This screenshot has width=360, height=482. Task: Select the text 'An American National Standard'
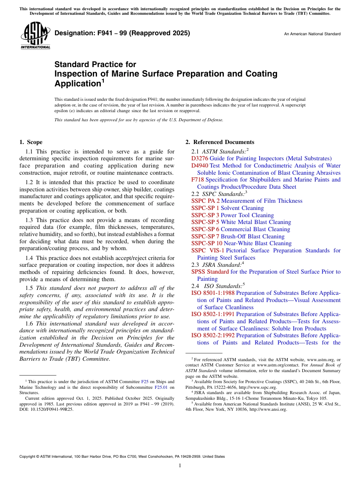pos(312,34)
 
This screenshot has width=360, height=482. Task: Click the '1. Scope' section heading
pos(31,142)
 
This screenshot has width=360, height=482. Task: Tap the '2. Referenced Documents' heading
pos(219,142)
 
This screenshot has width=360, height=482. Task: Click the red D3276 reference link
pos(199,158)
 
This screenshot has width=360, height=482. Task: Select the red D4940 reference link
pos(199,166)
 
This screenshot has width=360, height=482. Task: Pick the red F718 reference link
pos(197,180)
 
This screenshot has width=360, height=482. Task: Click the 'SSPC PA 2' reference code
pos(205,201)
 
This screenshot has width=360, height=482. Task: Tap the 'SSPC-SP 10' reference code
pos(207,243)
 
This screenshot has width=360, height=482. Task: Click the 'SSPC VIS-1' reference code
pos(208,250)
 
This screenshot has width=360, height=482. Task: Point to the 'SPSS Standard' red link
pos(210,272)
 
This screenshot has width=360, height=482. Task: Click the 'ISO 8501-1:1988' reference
pos(213,293)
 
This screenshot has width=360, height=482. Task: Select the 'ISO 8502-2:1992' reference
pos(213,335)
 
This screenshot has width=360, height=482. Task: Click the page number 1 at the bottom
pos(180,466)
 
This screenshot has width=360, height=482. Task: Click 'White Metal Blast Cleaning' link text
pos(250,222)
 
